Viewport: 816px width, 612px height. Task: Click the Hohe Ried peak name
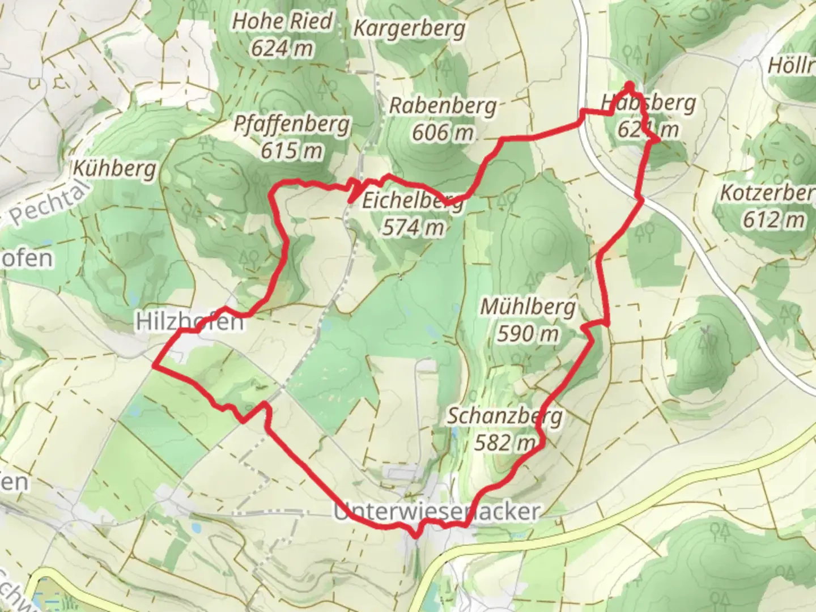282,22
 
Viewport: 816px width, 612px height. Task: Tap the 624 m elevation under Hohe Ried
282,48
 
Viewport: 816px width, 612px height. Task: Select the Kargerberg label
409,28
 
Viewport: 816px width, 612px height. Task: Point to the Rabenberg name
443,105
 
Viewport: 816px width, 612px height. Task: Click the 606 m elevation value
443,132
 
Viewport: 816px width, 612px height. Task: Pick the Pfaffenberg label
292,124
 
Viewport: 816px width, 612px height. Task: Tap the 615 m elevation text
292,150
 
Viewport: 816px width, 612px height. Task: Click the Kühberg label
114,168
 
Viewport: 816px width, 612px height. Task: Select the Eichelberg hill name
413,201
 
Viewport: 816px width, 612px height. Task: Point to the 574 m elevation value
413,227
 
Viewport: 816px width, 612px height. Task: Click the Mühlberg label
528,307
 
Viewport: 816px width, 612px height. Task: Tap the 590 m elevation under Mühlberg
528,334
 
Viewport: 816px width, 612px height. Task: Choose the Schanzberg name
505,416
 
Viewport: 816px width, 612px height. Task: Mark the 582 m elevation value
505,443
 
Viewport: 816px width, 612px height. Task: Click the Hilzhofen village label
190,322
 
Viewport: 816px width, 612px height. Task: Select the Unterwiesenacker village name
436,512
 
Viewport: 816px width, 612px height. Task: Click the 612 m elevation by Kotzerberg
774,219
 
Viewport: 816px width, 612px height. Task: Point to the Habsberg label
648,103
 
